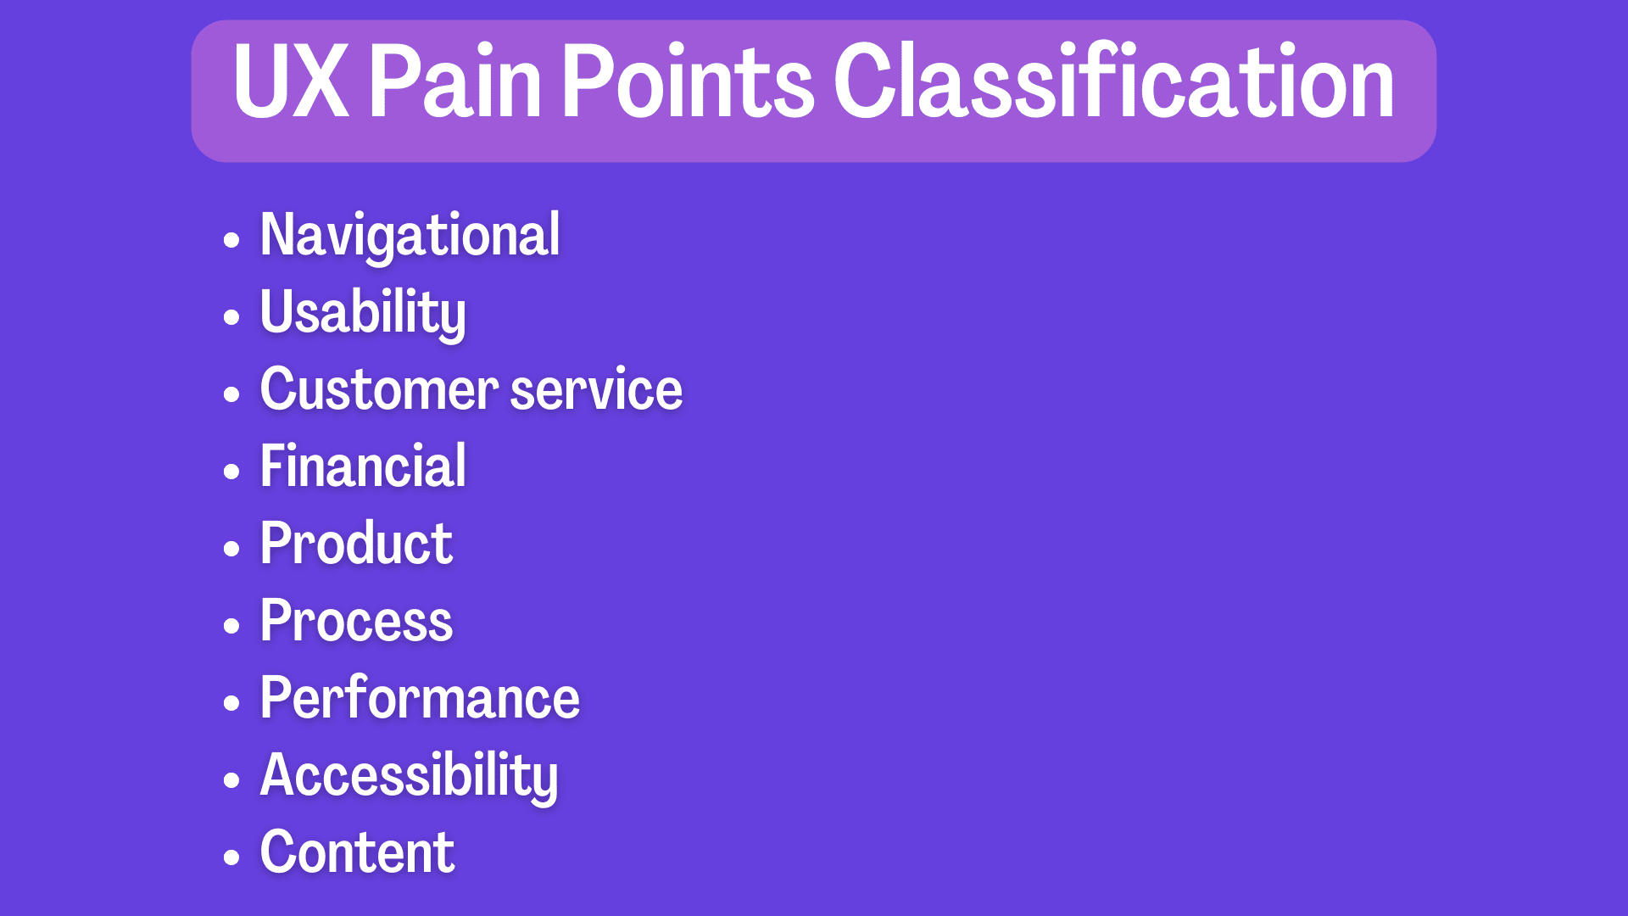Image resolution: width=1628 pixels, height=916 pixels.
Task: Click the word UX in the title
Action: pos(291,81)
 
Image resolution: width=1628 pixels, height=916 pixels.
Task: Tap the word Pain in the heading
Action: pos(455,81)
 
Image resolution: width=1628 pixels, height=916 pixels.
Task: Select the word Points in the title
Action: pos(688,81)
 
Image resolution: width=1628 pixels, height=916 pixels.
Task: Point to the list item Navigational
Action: pos(410,236)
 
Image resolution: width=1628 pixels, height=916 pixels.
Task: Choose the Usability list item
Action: pos(363,313)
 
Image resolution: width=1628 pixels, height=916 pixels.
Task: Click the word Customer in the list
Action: pos(379,389)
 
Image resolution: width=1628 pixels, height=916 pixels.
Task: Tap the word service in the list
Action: pos(596,389)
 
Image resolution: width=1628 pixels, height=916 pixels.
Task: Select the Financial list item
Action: pos(363,466)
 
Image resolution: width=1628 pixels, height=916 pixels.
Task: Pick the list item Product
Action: pos(356,543)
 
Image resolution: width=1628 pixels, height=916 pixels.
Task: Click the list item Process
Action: pos(356,620)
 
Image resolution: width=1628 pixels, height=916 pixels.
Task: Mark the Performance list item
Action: pos(420,697)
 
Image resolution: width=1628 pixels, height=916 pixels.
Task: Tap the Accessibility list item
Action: pos(409,776)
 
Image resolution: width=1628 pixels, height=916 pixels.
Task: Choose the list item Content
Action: pos(357,852)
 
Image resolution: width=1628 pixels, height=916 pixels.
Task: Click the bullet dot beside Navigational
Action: pos(231,240)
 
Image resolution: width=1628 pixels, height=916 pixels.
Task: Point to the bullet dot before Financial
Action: pos(231,472)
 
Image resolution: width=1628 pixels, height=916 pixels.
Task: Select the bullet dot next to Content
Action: pos(231,857)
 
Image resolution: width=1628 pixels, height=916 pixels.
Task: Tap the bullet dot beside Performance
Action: pos(231,703)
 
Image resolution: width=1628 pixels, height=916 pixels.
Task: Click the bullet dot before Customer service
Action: pos(231,394)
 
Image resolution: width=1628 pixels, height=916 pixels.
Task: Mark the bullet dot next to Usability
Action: pos(231,317)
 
